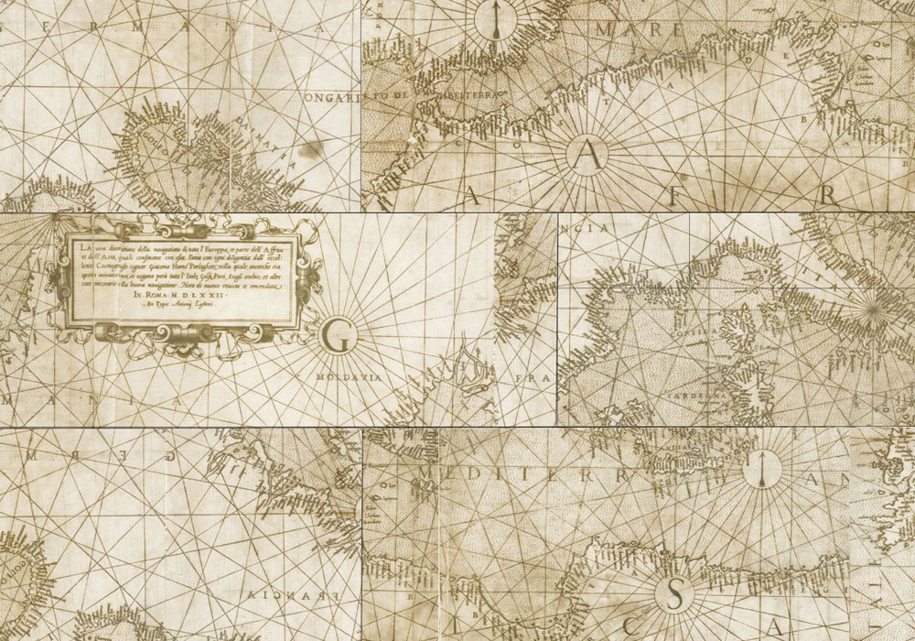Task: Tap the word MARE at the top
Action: point(640,30)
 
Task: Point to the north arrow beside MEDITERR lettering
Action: point(761,468)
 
